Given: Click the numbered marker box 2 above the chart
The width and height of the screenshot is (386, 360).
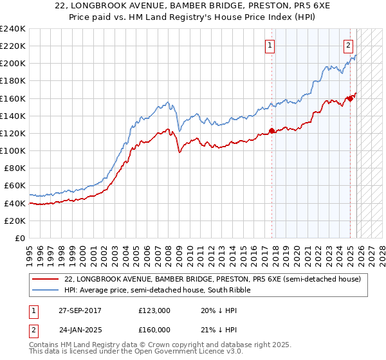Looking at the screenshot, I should [348, 45].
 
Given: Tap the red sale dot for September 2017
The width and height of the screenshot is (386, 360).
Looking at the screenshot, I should [271, 130].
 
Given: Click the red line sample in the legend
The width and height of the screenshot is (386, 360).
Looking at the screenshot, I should [45, 279].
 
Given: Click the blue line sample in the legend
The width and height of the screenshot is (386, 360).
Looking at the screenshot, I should [45, 290].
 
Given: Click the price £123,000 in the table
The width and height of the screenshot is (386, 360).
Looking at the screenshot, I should [154, 311].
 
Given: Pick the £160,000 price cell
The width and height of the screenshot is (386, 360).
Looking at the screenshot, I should [154, 329].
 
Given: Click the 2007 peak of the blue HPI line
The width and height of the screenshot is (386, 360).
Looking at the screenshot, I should [167, 102].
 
